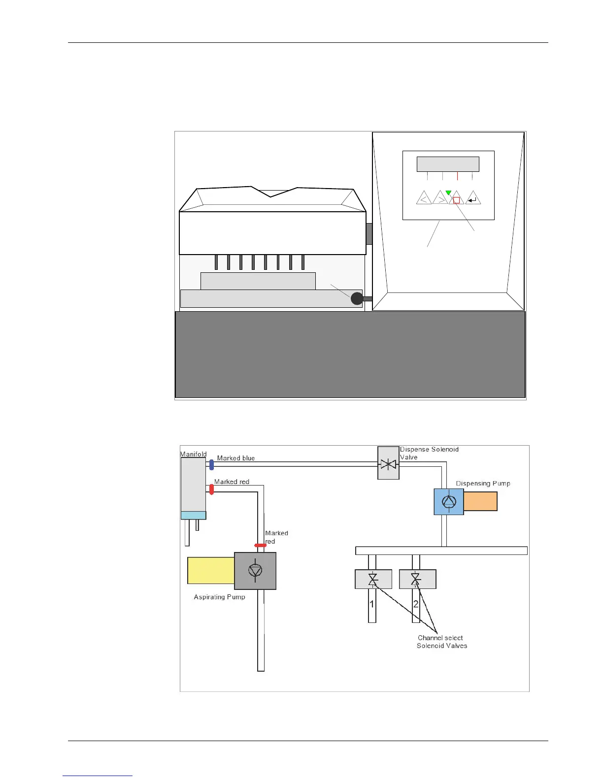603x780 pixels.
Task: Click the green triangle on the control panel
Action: [448, 193]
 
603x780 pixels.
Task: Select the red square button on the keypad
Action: [456, 200]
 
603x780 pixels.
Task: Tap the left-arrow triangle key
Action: [424, 199]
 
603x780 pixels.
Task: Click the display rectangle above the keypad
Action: [448, 164]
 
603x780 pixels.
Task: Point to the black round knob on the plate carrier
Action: [357, 298]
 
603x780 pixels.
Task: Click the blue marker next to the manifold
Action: [212, 464]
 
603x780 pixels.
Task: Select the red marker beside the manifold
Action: [212, 489]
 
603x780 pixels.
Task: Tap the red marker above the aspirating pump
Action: [260, 546]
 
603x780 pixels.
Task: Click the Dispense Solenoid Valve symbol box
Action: [388, 463]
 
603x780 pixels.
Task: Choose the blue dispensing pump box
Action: [449, 502]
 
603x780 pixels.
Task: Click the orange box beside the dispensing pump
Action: [480, 502]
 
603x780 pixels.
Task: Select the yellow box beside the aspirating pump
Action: [211, 571]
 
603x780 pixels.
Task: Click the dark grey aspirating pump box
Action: [255, 571]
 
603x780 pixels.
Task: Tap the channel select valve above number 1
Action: [373, 579]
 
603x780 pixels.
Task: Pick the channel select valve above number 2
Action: [417, 579]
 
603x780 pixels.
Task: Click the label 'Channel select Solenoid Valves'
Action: [441, 642]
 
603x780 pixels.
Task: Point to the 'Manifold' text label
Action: [194, 454]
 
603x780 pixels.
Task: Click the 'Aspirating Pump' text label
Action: [219, 597]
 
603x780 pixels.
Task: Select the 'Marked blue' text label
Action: [236, 458]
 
